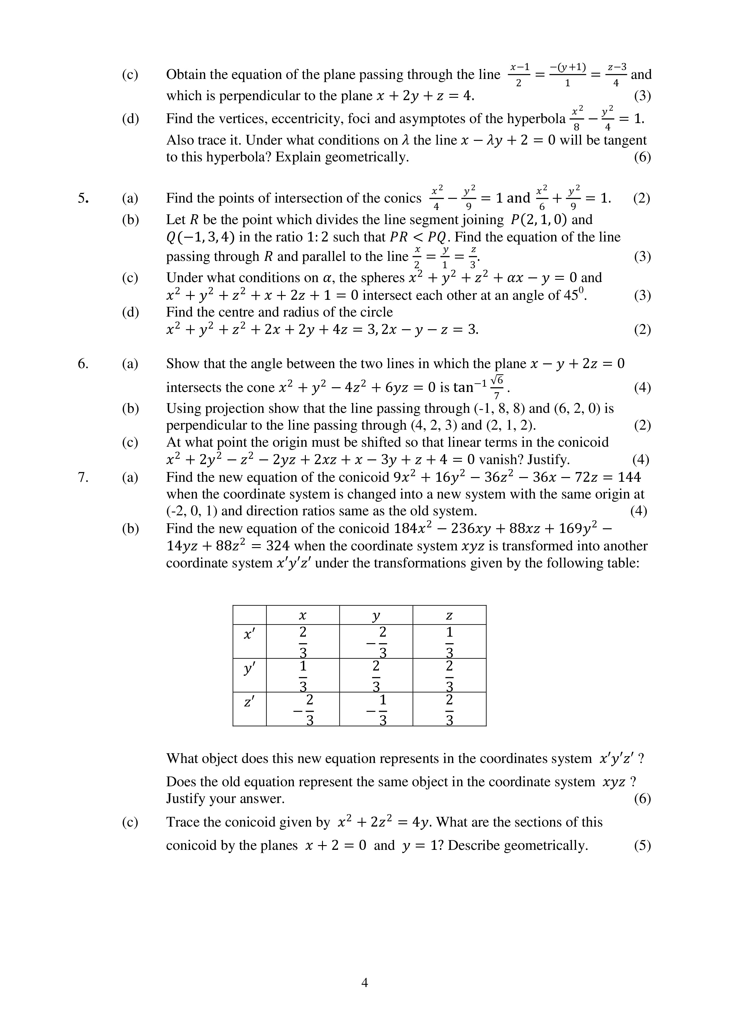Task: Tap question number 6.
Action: pyautogui.click(x=83, y=364)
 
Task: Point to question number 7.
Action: pyautogui.click(x=83, y=477)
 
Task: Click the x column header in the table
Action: pyautogui.click(x=303, y=615)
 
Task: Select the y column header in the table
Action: pyautogui.click(x=376, y=615)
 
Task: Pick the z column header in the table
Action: pyautogui.click(x=449, y=615)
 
